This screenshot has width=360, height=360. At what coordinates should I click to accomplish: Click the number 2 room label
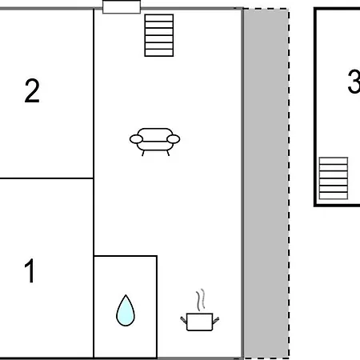[32, 90]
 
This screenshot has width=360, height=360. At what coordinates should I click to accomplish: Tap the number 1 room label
[30, 270]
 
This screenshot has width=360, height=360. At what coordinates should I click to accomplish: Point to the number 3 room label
[354, 82]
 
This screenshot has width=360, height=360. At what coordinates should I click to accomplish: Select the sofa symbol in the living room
[154, 142]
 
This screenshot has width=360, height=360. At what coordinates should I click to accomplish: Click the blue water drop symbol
[126, 310]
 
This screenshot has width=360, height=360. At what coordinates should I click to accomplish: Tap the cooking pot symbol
[199, 322]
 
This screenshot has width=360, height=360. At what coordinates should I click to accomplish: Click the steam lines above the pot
[201, 300]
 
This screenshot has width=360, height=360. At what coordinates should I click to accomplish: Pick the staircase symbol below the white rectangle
[159, 35]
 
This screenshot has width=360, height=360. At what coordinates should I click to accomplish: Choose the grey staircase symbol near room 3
[334, 178]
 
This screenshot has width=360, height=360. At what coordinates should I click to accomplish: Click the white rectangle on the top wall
[122, 7]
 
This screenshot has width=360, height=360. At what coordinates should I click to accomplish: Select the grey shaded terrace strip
[266, 183]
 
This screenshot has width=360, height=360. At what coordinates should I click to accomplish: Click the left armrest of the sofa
[136, 139]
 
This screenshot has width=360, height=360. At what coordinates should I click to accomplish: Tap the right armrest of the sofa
[174, 139]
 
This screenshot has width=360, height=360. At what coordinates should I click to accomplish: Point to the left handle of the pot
[184, 320]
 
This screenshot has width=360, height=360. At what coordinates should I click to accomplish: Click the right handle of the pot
[216, 320]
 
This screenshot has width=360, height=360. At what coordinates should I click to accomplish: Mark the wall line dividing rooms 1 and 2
[46, 178]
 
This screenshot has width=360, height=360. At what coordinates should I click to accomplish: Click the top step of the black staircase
[159, 18]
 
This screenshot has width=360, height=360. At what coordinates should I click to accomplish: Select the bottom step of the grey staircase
[334, 196]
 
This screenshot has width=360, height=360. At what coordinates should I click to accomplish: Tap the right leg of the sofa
[168, 153]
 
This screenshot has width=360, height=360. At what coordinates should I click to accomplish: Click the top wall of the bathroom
[126, 256]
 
